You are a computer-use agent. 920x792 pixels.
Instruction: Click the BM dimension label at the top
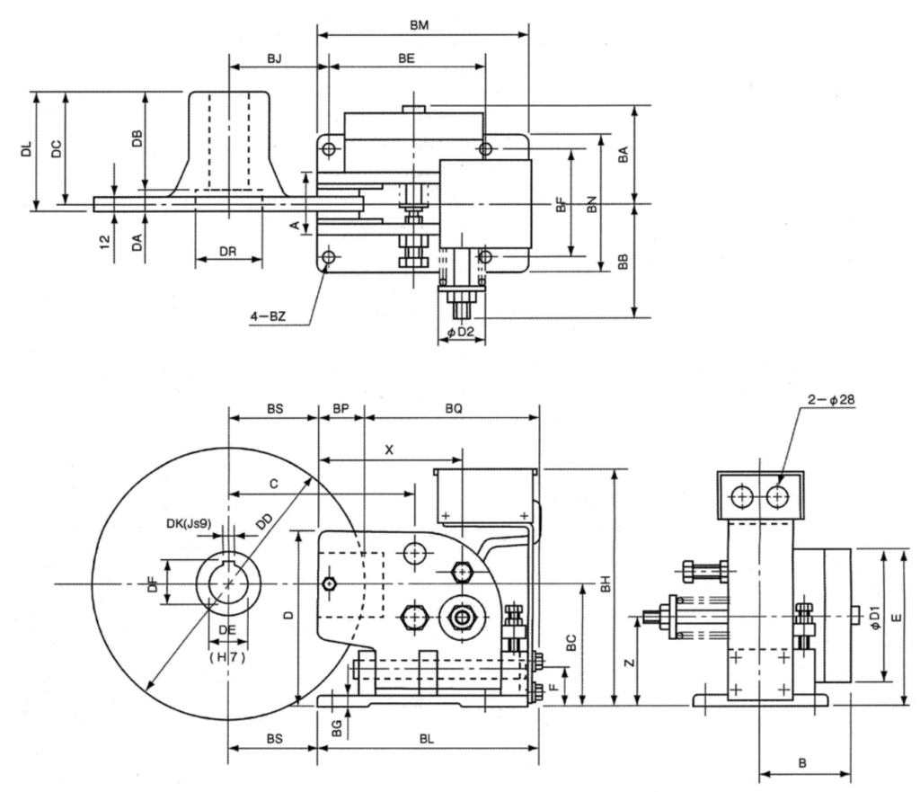pos(419,26)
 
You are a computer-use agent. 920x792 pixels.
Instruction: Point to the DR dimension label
pos(228,254)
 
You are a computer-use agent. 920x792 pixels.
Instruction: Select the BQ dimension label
pos(452,408)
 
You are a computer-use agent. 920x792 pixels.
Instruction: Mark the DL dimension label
pos(26,150)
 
